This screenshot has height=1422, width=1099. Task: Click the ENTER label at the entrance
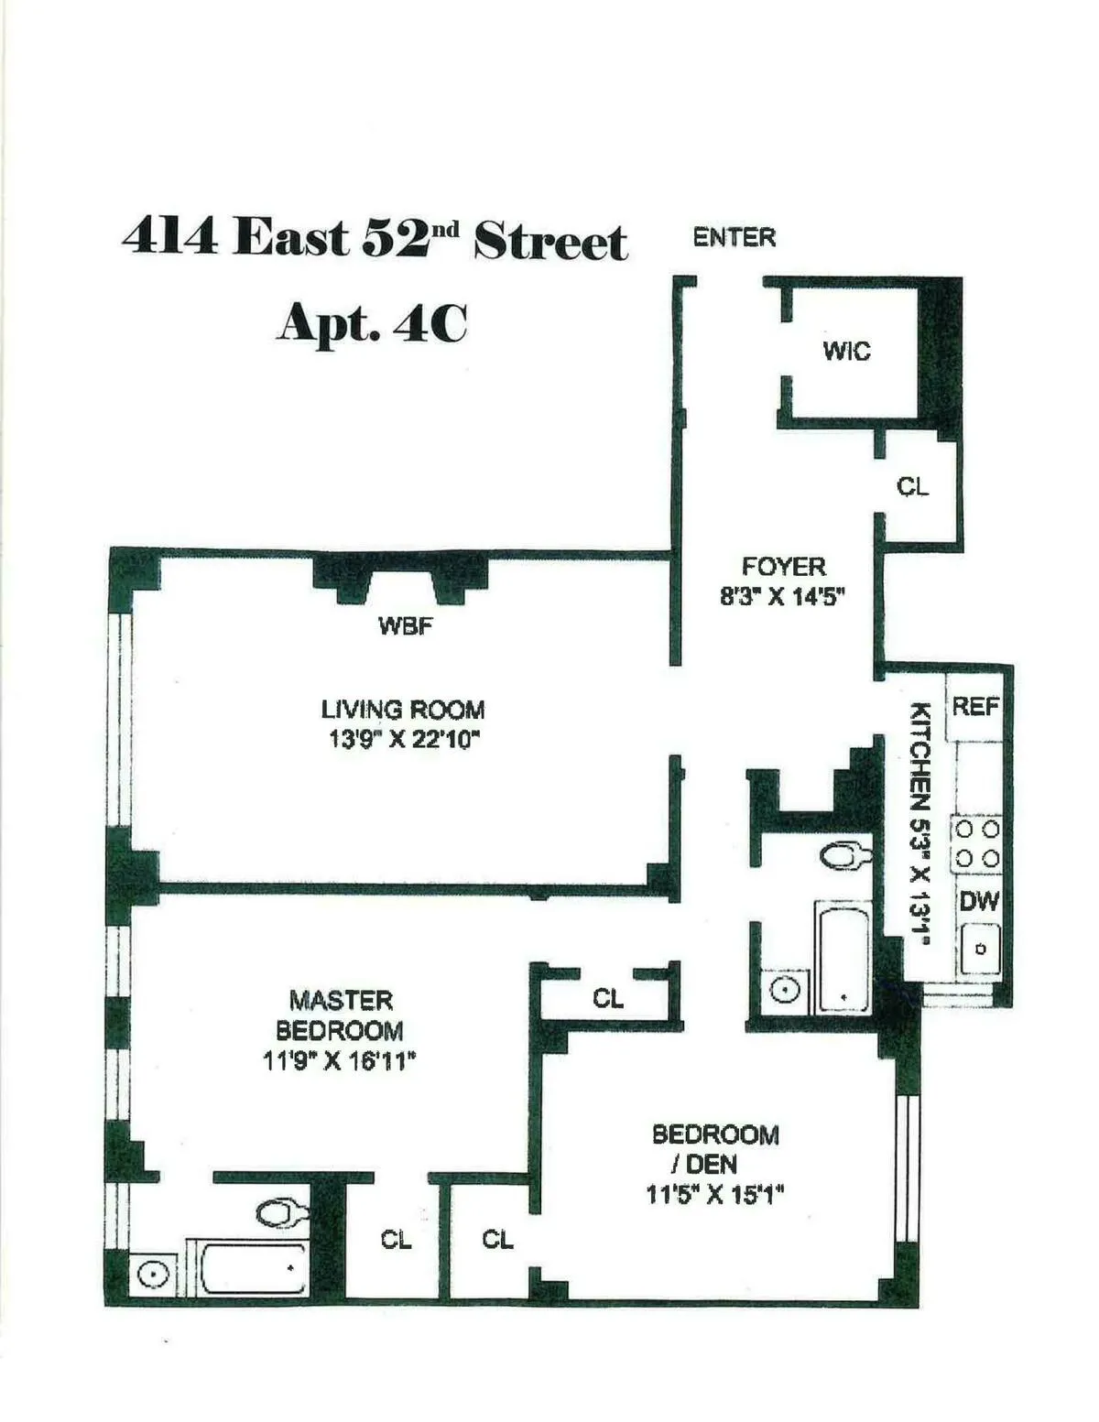click(x=734, y=238)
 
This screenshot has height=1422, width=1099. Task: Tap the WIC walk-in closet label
click(x=846, y=351)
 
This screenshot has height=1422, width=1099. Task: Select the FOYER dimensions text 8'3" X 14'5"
click(x=782, y=597)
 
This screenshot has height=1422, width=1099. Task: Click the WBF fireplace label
click(x=405, y=627)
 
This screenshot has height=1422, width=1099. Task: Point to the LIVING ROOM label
click(x=403, y=710)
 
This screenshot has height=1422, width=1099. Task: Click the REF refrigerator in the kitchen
click(x=975, y=707)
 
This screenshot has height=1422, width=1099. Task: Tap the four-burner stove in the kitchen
click(x=977, y=844)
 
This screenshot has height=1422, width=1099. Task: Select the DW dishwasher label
click(x=979, y=901)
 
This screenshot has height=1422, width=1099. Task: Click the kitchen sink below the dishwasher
click(x=979, y=950)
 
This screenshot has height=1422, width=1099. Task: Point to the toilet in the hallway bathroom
click(x=845, y=857)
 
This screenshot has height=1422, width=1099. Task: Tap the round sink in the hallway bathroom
click(x=785, y=990)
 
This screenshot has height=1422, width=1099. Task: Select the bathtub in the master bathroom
click(x=254, y=1268)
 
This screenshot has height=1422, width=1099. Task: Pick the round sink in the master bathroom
click(x=153, y=1275)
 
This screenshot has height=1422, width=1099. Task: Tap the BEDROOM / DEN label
click(x=714, y=1149)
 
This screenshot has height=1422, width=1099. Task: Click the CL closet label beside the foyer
click(x=912, y=486)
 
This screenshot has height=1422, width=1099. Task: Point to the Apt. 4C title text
click(x=372, y=323)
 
